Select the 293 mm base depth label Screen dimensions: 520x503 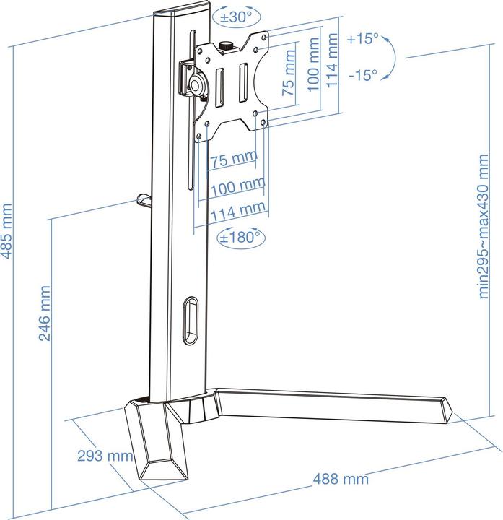(104, 456)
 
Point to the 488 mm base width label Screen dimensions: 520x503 (340, 479)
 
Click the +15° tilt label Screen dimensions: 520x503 (362, 40)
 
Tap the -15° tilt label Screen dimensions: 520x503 (362, 74)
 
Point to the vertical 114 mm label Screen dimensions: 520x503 (332, 64)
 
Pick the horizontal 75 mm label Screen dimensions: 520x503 (234, 158)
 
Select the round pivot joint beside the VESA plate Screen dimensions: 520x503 (196, 83)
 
